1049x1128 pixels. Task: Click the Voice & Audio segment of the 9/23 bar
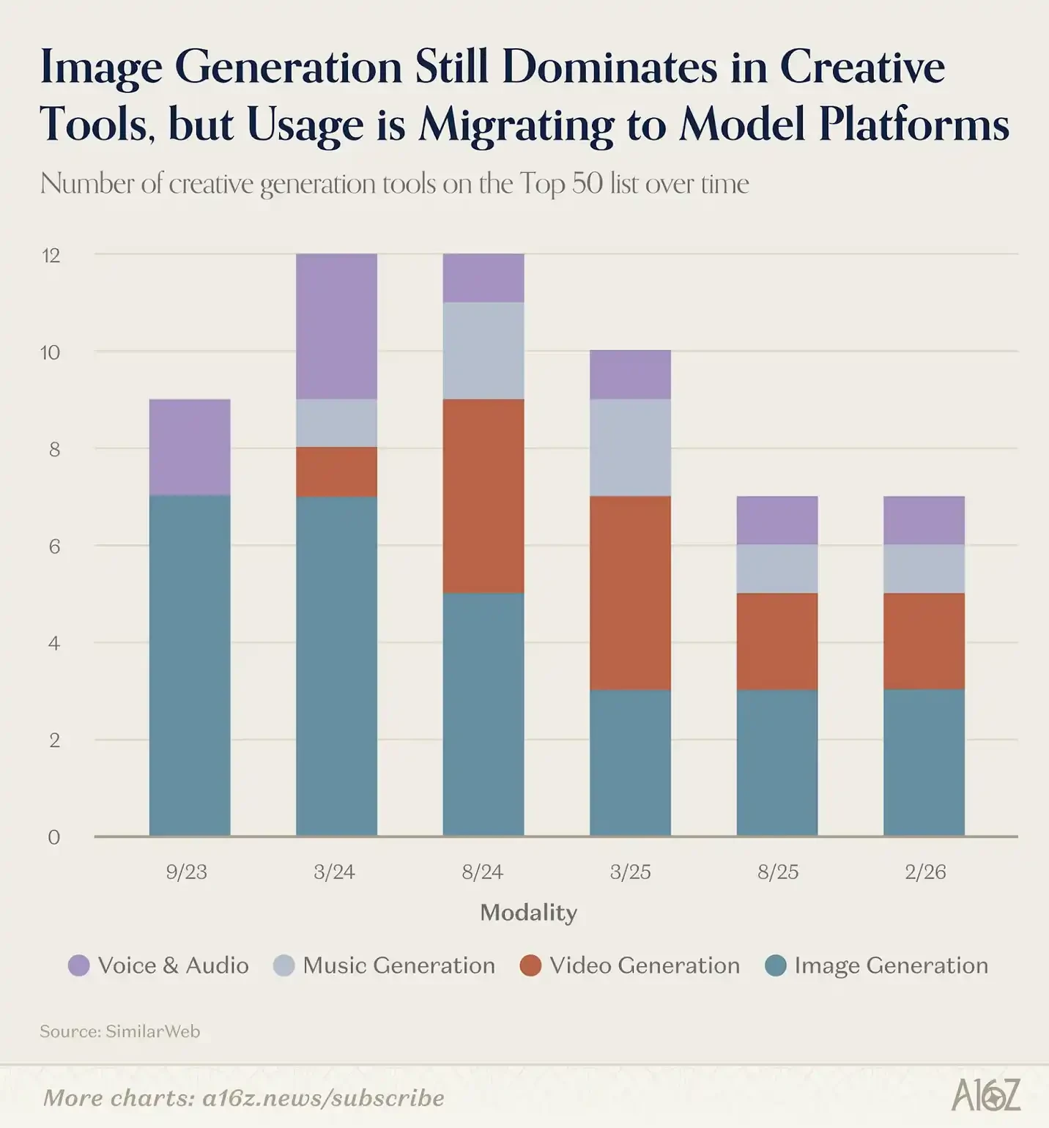click(190, 448)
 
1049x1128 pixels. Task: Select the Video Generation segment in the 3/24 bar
click(336, 472)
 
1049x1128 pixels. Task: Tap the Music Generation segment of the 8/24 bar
click(483, 351)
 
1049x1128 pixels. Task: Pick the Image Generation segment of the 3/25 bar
click(630, 762)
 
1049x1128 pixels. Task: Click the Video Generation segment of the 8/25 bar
click(777, 642)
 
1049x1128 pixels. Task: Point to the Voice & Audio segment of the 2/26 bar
click(924, 521)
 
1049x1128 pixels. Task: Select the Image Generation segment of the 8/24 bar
click(483, 714)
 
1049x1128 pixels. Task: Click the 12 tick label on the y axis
click(51, 256)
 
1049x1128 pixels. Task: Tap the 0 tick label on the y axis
click(53, 837)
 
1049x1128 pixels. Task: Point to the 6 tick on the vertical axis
click(54, 546)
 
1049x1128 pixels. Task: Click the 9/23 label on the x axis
click(187, 872)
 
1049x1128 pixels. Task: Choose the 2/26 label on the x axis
click(925, 872)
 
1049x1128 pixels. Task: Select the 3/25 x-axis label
click(630, 872)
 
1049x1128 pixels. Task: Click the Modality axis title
click(528, 913)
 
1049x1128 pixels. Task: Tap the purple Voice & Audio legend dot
click(79, 965)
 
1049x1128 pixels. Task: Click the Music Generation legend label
click(399, 965)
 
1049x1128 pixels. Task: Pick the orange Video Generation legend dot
click(530, 965)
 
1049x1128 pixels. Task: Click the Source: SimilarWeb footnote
click(119, 1031)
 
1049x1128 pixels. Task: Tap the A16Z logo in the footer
click(985, 1097)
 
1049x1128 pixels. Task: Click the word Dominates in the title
click(609, 67)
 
